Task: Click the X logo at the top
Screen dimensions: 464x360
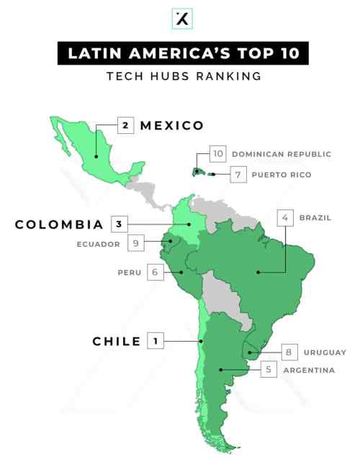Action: pos(180,19)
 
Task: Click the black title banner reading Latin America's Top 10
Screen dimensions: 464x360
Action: pos(180,54)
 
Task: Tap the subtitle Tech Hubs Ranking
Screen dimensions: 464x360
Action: pos(180,75)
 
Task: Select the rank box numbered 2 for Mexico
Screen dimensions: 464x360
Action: pos(125,125)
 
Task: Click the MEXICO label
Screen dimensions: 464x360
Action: pos(172,125)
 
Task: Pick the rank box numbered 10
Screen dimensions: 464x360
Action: pos(218,153)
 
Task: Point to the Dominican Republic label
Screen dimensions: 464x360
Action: pos(282,154)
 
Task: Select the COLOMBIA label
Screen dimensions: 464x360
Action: pos(59,224)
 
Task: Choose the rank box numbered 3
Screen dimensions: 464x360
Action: pos(120,224)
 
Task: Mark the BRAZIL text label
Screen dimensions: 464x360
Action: pos(315,217)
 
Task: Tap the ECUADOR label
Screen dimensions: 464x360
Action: pos(98,243)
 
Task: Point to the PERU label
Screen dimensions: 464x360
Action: pos(131,273)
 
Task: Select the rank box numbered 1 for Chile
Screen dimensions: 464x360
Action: pos(156,341)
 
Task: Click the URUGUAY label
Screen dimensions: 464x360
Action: pos(324,352)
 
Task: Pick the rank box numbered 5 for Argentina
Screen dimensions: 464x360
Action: pos(268,370)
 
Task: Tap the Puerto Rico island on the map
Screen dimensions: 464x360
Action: pos(212,174)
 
